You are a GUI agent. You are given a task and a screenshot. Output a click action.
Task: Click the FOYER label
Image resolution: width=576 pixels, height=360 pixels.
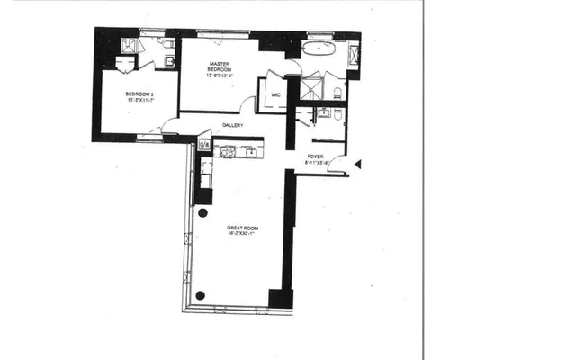[x=315, y=157]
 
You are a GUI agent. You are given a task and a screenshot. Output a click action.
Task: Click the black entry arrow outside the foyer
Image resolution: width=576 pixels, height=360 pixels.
[x=358, y=164]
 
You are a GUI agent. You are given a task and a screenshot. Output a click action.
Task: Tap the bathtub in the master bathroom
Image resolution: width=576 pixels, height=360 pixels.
[x=317, y=49]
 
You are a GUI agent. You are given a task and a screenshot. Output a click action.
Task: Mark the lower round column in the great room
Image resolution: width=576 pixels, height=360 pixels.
[x=200, y=294]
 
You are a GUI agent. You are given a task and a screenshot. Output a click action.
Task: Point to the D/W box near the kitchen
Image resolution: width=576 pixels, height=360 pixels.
[x=203, y=143]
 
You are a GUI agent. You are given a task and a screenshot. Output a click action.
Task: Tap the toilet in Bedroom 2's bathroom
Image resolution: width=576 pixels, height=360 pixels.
[x=168, y=46]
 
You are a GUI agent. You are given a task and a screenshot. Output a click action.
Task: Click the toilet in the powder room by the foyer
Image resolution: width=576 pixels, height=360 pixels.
[x=335, y=116]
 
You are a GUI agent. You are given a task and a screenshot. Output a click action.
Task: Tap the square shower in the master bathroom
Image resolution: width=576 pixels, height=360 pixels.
[x=311, y=87]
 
